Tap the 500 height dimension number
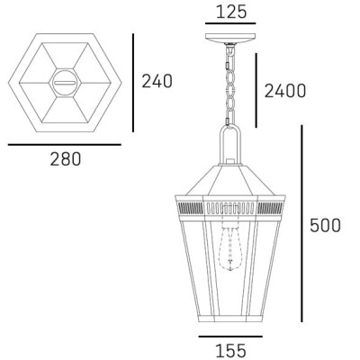tap(324, 225)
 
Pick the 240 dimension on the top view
tap(157, 81)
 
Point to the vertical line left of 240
tap(132, 80)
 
